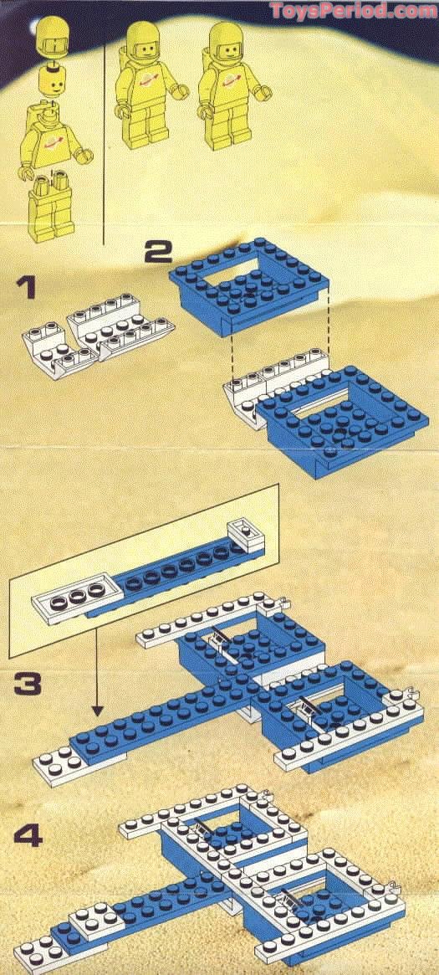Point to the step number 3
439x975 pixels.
pos(28,684)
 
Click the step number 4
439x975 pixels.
pos(27,834)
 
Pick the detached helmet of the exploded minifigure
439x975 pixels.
pos(54,41)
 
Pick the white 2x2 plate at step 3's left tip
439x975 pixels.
pos(54,762)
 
